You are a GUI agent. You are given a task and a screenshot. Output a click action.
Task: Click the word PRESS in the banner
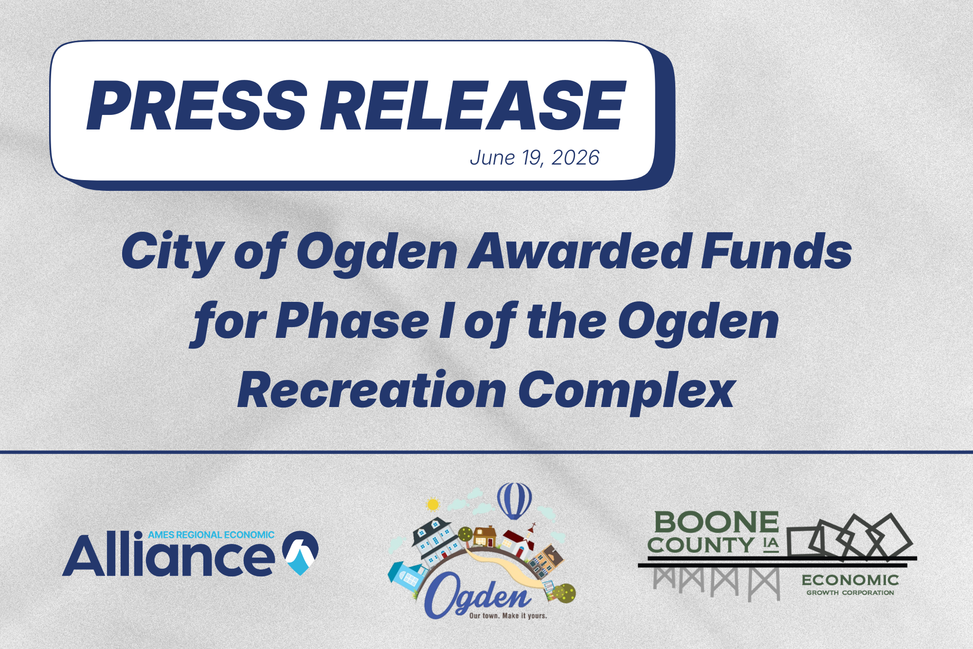pyautogui.click(x=197, y=106)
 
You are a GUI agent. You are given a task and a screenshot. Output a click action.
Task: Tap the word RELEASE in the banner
pyautogui.click(x=472, y=106)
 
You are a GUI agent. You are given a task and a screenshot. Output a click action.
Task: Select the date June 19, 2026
pyautogui.click(x=534, y=158)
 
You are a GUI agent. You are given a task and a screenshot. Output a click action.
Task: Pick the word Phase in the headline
pyautogui.click(x=352, y=321)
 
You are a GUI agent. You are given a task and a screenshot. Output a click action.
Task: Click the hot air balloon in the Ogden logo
pyautogui.click(x=514, y=501)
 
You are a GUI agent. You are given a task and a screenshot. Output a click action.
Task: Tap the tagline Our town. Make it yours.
pyautogui.click(x=508, y=616)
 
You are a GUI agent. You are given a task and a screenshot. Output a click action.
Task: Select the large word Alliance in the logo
pyautogui.click(x=168, y=556)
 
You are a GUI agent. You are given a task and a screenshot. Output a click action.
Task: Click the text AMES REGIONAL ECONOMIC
pyautogui.click(x=211, y=535)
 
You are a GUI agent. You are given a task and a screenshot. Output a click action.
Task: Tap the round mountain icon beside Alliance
pyautogui.click(x=300, y=553)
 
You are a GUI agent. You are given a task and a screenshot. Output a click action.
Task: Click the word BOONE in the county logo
pyautogui.click(x=717, y=522)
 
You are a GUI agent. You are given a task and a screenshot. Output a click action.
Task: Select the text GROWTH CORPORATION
pyautogui.click(x=850, y=593)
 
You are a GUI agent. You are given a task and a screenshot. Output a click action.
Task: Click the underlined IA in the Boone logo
pyautogui.click(x=771, y=544)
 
